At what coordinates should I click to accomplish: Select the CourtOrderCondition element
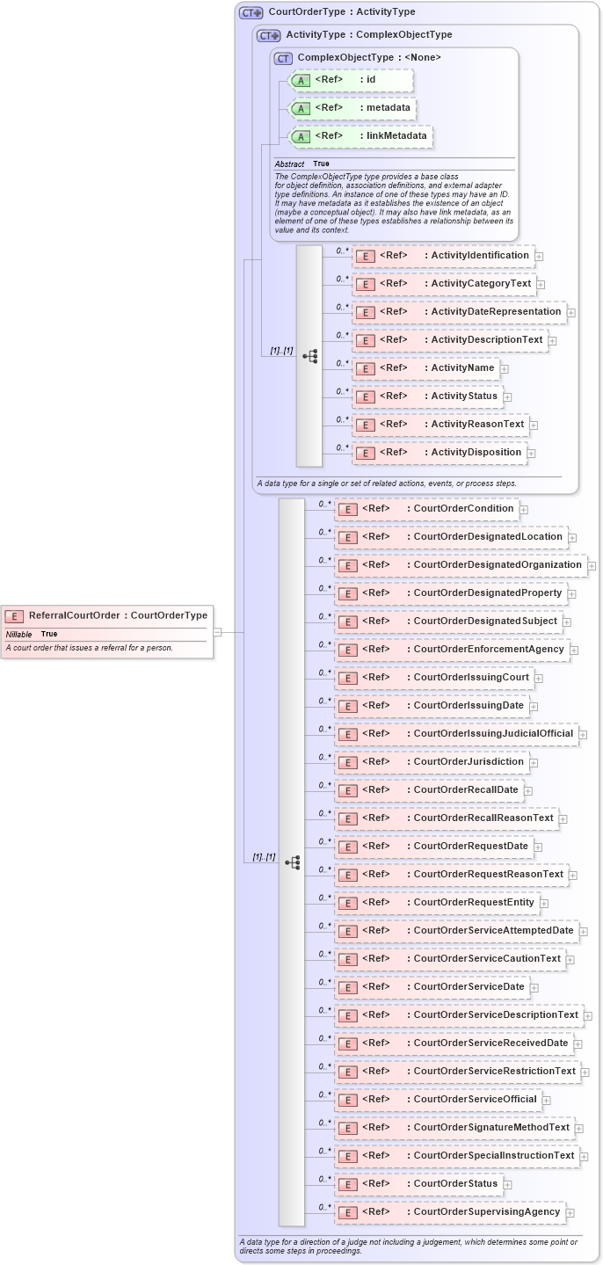[x=426, y=509]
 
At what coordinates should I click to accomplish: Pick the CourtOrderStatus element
[x=418, y=1184]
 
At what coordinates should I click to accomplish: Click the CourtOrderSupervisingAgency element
[x=449, y=1212]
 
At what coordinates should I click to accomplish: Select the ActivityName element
[x=425, y=368]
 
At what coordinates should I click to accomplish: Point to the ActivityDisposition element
[x=439, y=453]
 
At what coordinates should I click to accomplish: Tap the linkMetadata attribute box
[x=360, y=136]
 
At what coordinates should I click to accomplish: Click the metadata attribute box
[x=352, y=108]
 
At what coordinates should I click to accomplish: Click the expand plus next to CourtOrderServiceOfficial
[x=546, y=1100]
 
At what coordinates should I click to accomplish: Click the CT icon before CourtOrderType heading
[x=251, y=12]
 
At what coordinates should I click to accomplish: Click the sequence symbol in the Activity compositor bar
[x=309, y=356]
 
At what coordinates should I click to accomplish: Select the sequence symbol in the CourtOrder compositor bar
[x=292, y=862]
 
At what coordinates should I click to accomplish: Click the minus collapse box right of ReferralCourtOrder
[x=217, y=631]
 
